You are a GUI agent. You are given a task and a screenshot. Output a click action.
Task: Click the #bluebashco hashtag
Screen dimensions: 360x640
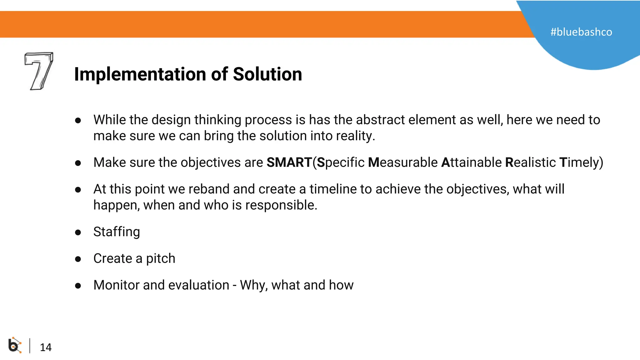(x=581, y=32)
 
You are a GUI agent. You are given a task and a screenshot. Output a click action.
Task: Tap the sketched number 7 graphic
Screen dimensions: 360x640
(x=39, y=71)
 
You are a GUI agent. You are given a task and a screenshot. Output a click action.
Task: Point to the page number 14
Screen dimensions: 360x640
(x=46, y=347)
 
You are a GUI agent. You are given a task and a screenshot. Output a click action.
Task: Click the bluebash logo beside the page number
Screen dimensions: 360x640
(x=14, y=345)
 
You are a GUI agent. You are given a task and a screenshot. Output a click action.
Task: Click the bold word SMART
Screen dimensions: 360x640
(x=289, y=162)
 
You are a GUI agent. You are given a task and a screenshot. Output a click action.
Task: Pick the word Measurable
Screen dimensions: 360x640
(x=403, y=162)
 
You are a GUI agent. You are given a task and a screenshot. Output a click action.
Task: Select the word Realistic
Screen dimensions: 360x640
(x=530, y=162)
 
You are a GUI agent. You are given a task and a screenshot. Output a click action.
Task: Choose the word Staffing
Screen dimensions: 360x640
(x=117, y=232)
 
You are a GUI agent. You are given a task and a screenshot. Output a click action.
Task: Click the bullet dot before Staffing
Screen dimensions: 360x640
(x=78, y=232)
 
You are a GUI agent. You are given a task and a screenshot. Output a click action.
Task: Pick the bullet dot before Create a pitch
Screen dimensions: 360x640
(x=78, y=259)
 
